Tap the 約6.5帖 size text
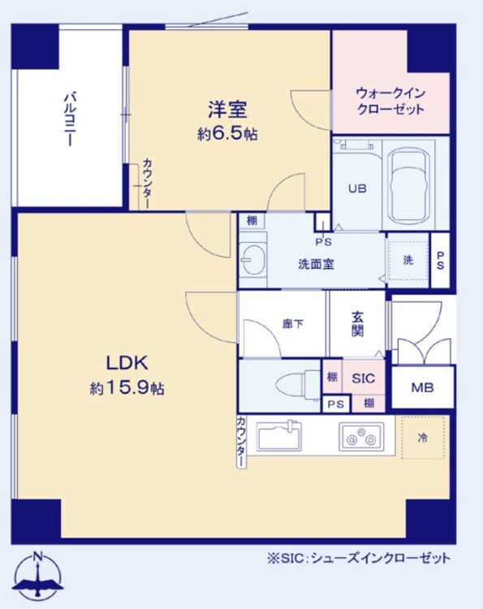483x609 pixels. point(227,135)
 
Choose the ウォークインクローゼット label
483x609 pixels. point(390,101)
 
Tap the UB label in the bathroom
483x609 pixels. point(357,188)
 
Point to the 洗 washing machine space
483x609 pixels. point(408,260)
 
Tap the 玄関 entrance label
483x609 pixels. point(357,324)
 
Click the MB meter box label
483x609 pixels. point(421,388)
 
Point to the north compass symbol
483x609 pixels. point(38,577)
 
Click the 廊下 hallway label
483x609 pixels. point(292,324)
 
